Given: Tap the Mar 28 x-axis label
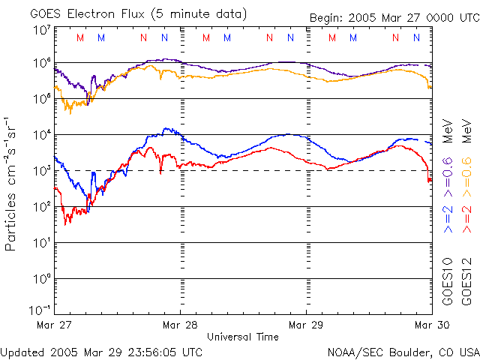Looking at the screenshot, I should (x=181, y=325).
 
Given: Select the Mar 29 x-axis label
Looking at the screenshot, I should (x=306, y=325).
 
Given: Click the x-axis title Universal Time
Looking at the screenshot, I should (x=242, y=337).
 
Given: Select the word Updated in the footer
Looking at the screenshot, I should (x=23, y=351).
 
